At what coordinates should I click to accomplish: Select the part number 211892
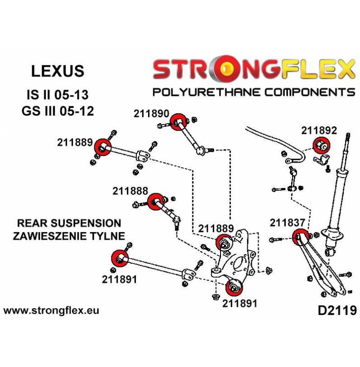pos(319,131)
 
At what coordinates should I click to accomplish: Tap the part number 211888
pos(130,191)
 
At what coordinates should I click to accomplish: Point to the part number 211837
pos(288,222)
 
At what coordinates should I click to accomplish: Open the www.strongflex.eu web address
pos(51,311)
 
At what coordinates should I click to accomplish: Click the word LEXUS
pos(58,71)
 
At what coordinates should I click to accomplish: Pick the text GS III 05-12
pos(59,111)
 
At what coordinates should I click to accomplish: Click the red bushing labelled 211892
pos(322,146)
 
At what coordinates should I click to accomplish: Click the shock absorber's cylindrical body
pos(340,190)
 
